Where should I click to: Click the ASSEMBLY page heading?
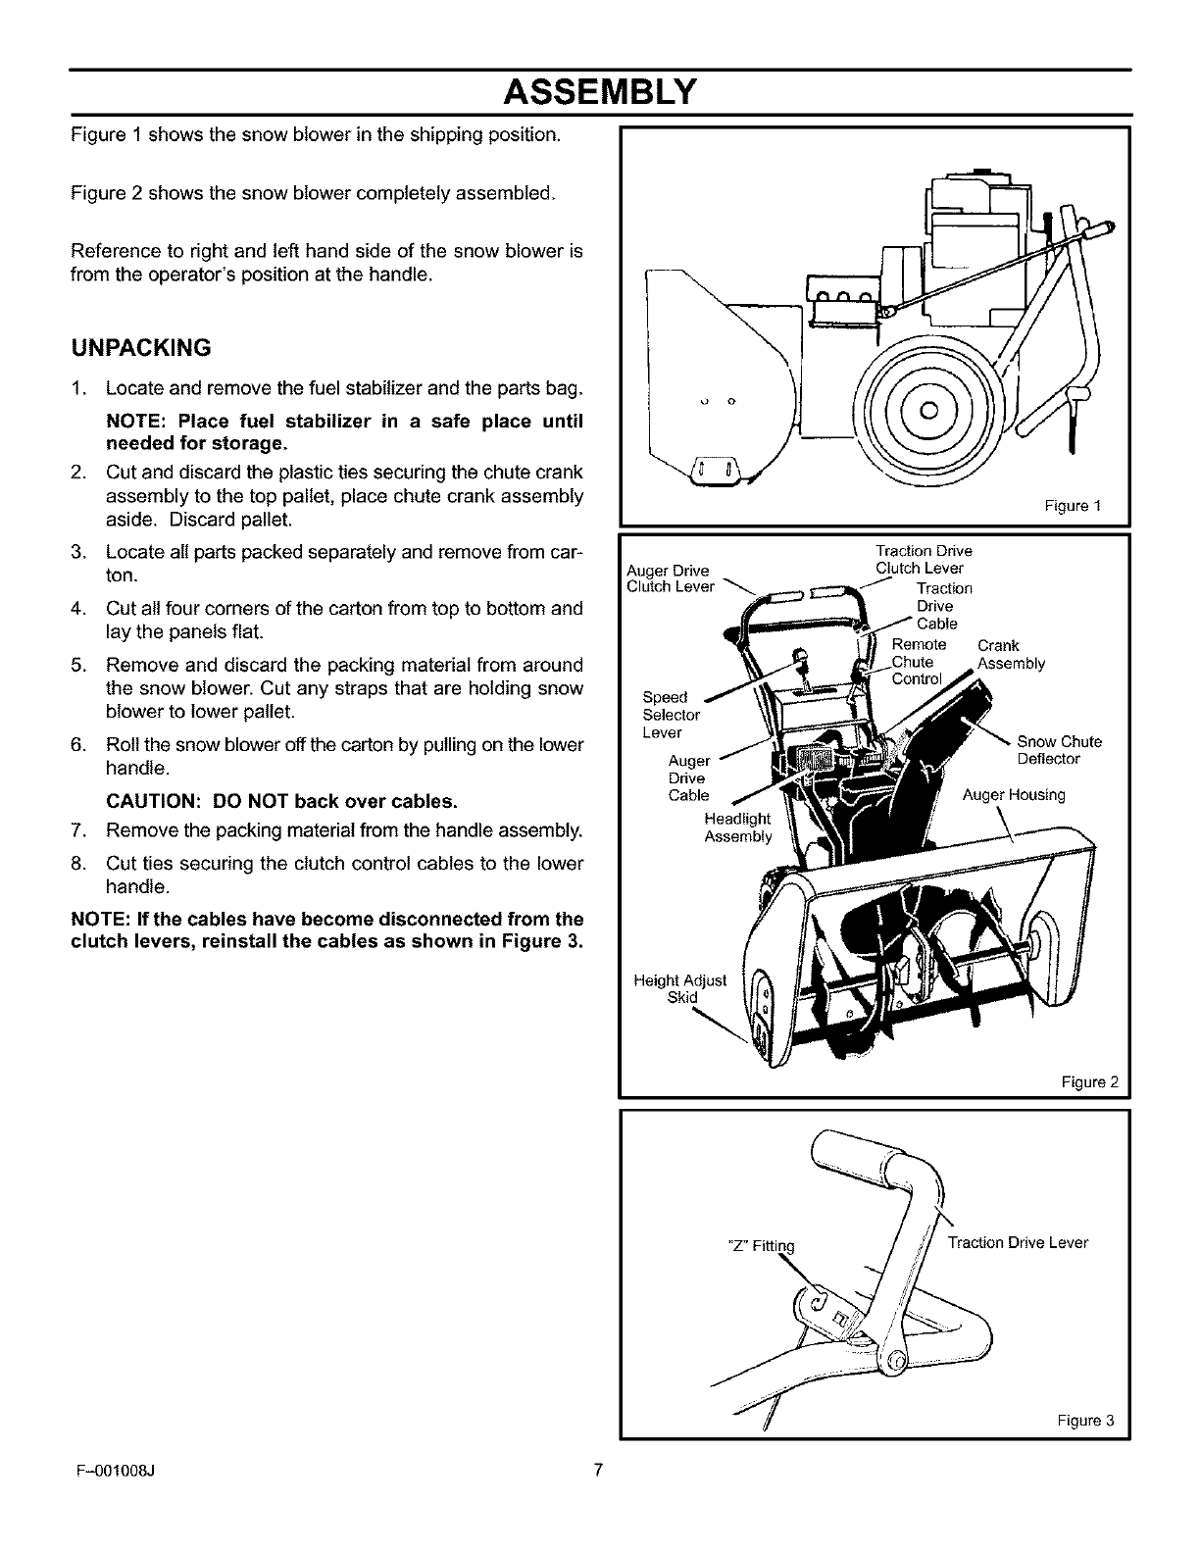[599, 92]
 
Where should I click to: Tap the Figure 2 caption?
[1089, 1082]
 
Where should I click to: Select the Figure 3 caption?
[1086, 1421]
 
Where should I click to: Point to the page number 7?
[599, 1469]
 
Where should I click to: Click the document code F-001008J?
[114, 1470]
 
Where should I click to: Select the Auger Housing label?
[1013, 795]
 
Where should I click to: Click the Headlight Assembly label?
[737, 827]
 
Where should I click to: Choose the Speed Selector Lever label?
[671, 715]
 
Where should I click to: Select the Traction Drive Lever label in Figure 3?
[1017, 1243]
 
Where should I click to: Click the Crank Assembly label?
[1011, 655]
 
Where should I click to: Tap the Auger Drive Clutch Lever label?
[671, 578]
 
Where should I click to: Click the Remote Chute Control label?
[919, 662]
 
